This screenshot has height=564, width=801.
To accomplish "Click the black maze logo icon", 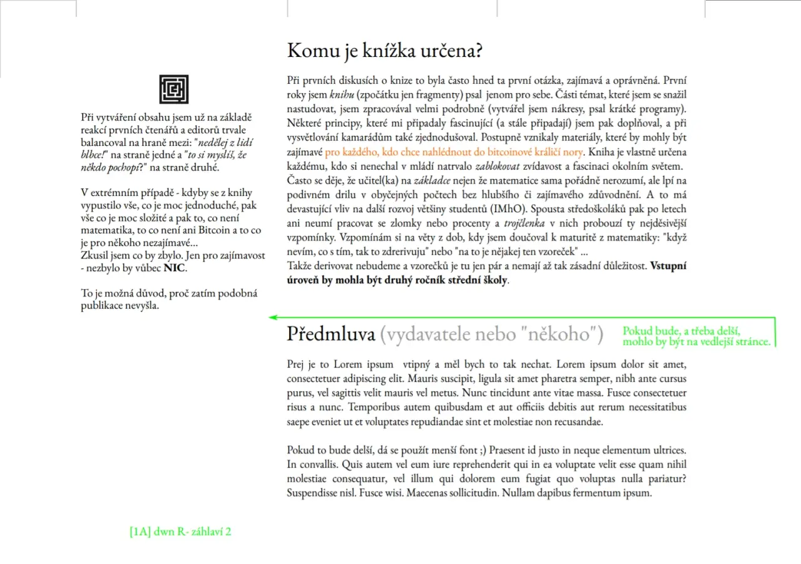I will [x=173, y=89].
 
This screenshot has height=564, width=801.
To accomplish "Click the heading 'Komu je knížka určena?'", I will [x=384, y=51].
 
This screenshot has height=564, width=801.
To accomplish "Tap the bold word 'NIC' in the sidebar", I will [x=175, y=268].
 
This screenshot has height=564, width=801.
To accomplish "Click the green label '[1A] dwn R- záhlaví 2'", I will [x=181, y=532].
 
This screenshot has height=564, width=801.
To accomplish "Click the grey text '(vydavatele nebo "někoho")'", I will [x=491, y=334].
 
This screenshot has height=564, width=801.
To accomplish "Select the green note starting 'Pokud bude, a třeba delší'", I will [x=696, y=336].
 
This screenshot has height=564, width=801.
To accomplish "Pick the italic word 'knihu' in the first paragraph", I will [x=342, y=95].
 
